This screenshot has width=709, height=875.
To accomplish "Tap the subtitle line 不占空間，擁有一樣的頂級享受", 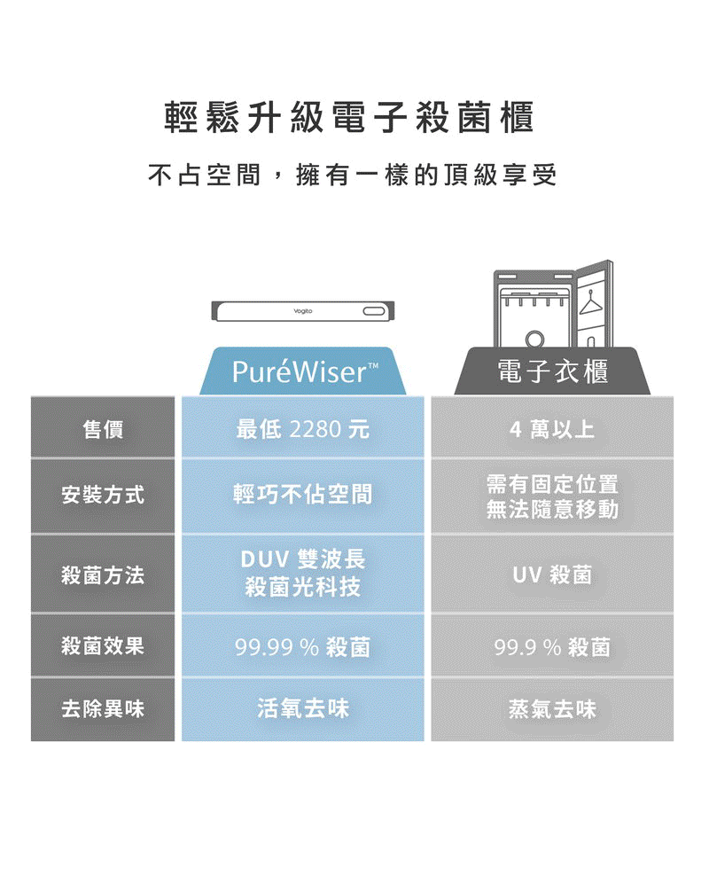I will tap(352, 176).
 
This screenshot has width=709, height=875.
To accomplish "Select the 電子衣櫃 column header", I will tap(551, 372).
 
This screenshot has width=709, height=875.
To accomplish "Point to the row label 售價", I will tap(103, 430).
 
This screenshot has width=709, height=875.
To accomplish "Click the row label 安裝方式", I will tap(103, 495).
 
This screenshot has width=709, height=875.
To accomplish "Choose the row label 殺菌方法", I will tap(103, 575).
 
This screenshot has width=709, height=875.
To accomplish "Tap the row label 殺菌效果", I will tap(103, 645).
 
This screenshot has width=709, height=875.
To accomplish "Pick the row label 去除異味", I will tap(103, 709).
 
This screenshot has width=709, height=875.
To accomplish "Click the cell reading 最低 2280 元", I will tap(302, 430).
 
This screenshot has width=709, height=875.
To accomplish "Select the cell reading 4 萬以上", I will tap(551, 430).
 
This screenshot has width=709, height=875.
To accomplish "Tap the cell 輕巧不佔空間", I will tap(302, 495).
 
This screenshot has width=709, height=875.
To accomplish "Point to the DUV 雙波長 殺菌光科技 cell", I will tap(302, 574).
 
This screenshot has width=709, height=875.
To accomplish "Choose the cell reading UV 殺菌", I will tap(551, 575).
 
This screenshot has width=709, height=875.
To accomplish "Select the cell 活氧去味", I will tap(302, 708).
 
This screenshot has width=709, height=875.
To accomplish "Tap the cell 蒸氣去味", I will tap(551, 708).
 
